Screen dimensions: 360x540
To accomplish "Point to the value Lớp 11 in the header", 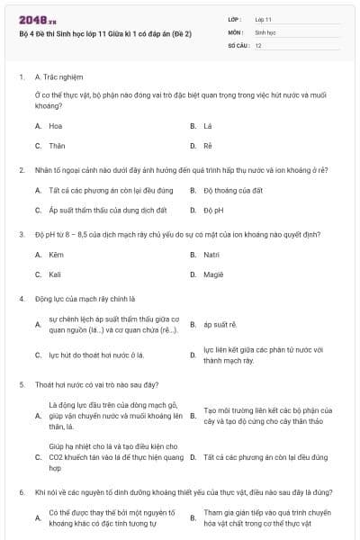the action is (264, 18).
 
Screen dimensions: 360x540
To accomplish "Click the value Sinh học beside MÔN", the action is (265, 31).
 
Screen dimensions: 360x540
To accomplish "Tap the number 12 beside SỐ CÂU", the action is (258, 45).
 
